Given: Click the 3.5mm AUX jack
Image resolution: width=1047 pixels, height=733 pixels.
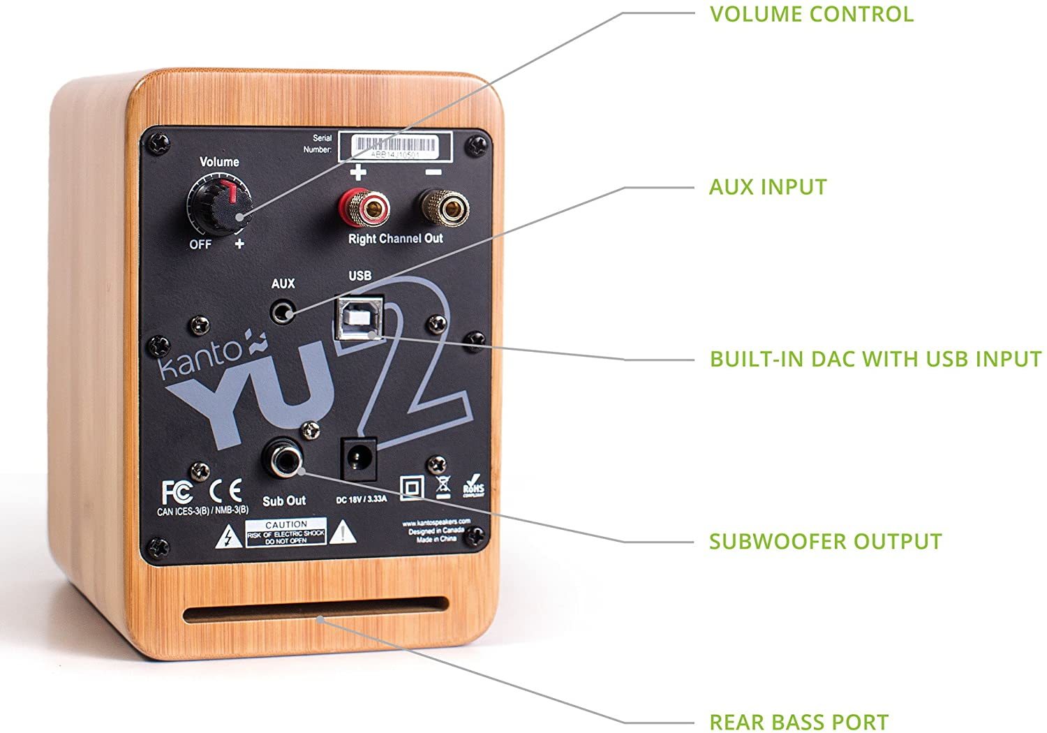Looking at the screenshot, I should coord(283,310).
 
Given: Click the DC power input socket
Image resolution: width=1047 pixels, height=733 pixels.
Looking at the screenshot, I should coord(359,458).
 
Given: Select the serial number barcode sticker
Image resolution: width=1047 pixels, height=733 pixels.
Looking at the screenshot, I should coord(395,147).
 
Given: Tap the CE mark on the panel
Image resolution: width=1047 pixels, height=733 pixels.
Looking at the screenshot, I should coord(226,491).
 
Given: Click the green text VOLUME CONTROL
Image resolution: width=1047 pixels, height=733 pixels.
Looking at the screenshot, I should coord(811,14).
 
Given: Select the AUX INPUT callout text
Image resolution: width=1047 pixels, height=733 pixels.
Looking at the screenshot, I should coord(768,187).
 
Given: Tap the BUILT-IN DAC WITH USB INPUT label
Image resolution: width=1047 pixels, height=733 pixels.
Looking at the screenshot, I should coord(875,359).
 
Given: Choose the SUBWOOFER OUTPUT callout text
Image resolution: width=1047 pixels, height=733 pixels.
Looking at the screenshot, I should coord(825,542).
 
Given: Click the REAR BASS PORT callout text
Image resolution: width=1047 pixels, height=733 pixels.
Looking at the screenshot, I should coord(799,722).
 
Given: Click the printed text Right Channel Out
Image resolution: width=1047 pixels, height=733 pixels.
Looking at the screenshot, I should coord(395,239).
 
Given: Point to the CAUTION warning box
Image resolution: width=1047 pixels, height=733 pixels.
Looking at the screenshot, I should coord(286,533).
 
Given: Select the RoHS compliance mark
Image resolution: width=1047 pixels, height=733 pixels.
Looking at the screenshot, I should coord(473,487).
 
